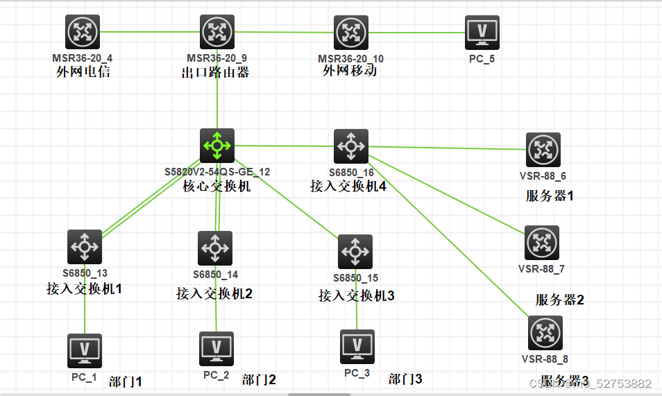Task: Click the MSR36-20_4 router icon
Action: [x=83, y=32]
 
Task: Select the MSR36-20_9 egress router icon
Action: [x=218, y=32]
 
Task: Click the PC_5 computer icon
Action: [x=482, y=32]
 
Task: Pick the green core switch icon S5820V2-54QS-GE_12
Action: [x=217, y=145]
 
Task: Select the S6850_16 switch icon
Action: [x=351, y=146]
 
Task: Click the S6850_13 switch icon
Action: [x=85, y=247]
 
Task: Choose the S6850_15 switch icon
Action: [x=355, y=252]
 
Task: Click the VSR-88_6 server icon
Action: [x=543, y=150]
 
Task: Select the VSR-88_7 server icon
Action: [x=542, y=243]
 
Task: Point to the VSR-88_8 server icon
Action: [x=545, y=334]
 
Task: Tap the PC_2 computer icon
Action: [x=217, y=348]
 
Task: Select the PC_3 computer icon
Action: [x=357, y=347]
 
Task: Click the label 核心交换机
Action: [x=217, y=187]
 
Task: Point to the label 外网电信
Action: [x=83, y=71]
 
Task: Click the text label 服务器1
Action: [x=550, y=196]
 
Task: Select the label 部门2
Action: [x=259, y=379]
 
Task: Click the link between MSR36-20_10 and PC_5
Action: [x=416, y=33]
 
